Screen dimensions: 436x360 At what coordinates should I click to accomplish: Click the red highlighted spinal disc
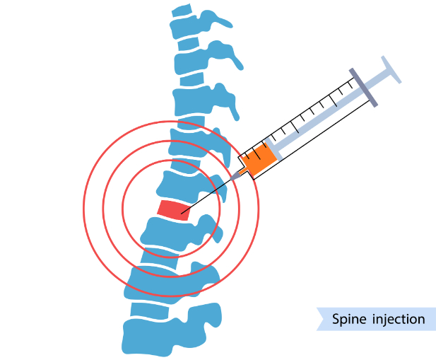[x=175, y=210]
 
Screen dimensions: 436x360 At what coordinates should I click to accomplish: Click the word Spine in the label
[x=348, y=319]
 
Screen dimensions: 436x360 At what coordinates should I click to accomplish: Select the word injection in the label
[x=399, y=319]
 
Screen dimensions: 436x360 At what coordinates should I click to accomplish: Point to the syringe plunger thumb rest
[x=391, y=69]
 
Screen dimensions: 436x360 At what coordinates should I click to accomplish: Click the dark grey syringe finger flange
[x=363, y=88]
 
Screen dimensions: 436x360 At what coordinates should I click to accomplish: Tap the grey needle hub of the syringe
[x=235, y=175]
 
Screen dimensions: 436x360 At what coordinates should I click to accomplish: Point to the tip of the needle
[x=182, y=214]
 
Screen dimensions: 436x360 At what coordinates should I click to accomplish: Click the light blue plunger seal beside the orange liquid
[x=273, y=149]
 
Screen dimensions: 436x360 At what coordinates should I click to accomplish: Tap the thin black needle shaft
[x=206, y=197]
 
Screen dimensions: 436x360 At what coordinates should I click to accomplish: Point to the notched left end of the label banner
[x=324, y=319]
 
